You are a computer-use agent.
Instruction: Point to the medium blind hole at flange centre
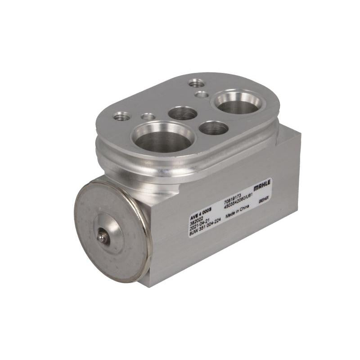coord(183,113)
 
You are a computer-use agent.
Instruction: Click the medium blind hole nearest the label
coord(213,128)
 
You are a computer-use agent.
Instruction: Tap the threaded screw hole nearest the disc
coord(122,117)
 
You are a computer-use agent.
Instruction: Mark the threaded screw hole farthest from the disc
coord(196,83)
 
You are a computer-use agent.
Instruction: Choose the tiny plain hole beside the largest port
coord(148,117)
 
